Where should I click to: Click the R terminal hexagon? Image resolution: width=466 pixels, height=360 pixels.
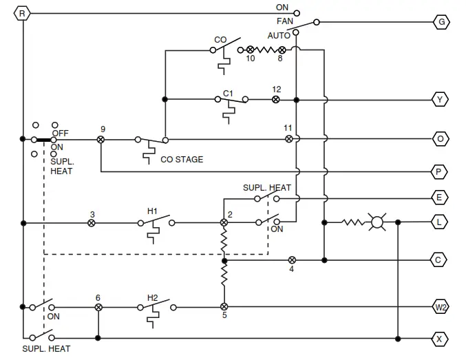(23, 13)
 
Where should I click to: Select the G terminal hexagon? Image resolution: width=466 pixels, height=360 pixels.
(441, 22)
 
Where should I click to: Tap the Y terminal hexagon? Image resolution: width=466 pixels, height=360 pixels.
(441, 100)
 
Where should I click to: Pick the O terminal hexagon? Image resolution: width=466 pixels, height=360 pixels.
(441, 139)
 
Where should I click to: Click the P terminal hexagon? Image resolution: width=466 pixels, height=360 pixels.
(441, 171)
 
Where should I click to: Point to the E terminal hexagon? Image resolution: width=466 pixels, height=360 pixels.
(441, 198)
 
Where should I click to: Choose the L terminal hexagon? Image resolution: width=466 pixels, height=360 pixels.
(441, 222)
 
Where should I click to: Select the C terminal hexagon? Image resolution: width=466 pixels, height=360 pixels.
(441, 260)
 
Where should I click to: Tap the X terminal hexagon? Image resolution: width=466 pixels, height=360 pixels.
(441, 339)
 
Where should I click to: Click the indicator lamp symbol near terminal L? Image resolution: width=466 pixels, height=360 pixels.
(377, 222)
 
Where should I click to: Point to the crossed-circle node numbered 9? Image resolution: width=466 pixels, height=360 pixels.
(100, 139)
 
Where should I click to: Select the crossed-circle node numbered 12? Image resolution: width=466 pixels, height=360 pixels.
(276, 100)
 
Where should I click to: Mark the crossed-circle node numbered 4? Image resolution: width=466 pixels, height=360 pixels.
(292, 260)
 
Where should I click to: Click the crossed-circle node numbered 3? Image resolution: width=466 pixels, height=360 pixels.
(92, 223)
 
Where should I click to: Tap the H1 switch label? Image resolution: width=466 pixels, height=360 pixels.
(152, 211)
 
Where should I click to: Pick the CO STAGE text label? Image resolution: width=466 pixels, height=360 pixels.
(182, 160)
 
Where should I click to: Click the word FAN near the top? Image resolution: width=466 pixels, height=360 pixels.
(285, 21)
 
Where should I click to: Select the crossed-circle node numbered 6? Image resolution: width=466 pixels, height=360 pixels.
(98, 306)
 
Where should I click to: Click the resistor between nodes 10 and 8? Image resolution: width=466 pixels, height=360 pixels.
(266, 50)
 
